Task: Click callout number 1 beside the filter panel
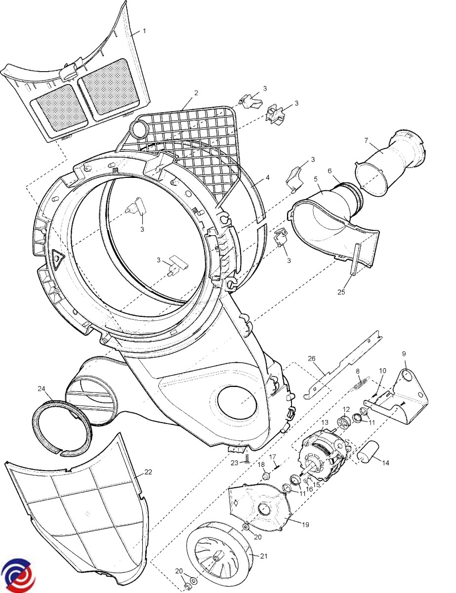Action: (144, 31)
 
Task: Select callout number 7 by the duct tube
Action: (366, 141)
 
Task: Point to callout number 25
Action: (340, 292)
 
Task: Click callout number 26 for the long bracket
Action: (311, 358)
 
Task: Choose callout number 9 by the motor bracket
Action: (404, 354)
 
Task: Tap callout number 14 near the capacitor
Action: (385, 463)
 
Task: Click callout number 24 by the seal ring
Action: (41, 388)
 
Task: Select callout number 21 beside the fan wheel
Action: (263, 556)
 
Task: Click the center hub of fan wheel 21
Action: (216, 559)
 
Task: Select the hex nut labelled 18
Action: (265, 476)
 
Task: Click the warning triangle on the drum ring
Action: (58, 257)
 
